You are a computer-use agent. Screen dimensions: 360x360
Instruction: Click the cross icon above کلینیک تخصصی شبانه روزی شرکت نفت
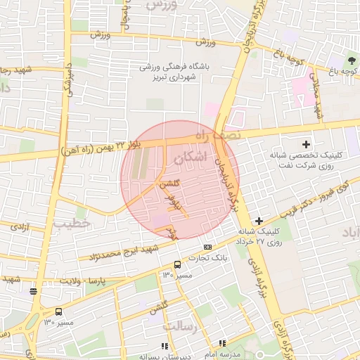pos(306,144)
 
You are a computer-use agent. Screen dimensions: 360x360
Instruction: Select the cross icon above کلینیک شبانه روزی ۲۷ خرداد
pos(260,221)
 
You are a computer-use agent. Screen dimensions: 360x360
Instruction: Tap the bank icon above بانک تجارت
pos(207,247)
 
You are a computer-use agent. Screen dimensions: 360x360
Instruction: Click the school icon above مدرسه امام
pos(222,343)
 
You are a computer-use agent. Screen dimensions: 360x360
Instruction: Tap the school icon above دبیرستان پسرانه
pos(165,346)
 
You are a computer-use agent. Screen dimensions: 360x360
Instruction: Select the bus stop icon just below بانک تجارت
pos(176,265)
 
